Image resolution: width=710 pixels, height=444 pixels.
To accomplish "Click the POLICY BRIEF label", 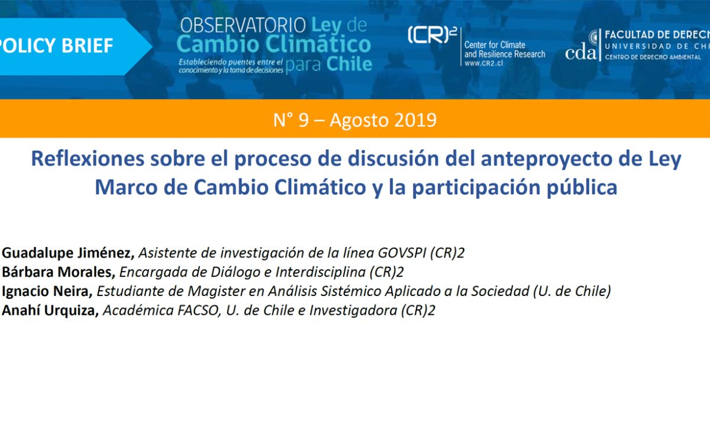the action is click(56, 46).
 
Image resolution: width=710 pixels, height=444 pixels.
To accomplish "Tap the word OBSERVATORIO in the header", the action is click(243, 25).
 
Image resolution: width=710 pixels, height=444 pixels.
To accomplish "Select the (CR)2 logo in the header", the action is click(433, 35).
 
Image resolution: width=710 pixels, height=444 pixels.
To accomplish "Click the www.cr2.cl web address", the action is click(484, 63).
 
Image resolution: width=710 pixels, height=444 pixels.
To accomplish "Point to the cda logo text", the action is click(580, 53).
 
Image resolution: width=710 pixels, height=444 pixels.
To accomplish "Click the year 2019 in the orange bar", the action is click(416, 120).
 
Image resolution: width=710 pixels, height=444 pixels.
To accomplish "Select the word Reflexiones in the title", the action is click(88, 158).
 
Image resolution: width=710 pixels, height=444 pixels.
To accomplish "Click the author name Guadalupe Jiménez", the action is click(68, 253).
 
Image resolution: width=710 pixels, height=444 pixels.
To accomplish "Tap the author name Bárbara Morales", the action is click(59, 272).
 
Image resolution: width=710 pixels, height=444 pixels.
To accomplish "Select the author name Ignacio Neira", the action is click(47, 291).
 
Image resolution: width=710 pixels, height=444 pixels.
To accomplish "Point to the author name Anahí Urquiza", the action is click(50, 310).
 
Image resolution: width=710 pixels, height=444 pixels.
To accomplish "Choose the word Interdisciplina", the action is click(321, 272).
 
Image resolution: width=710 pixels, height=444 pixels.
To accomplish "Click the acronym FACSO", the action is click(199, 310).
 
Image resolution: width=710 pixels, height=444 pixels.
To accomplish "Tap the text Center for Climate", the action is click(495, 45).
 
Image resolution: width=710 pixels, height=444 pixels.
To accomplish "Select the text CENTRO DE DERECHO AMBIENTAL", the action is click(653, 57).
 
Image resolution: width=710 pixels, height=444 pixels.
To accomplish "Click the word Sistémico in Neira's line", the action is click(351, 291).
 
